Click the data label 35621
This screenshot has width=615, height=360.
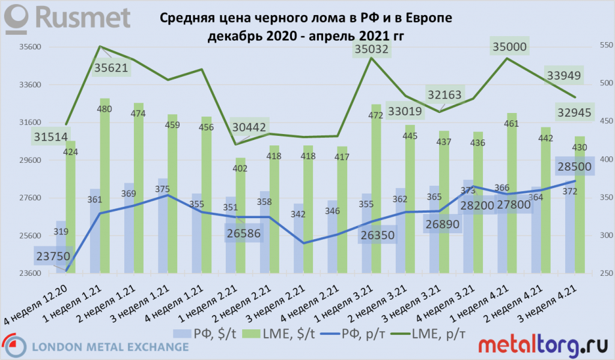point(112,68)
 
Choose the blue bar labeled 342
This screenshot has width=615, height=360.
point(298,240)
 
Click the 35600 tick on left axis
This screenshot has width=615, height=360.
point(29,47)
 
